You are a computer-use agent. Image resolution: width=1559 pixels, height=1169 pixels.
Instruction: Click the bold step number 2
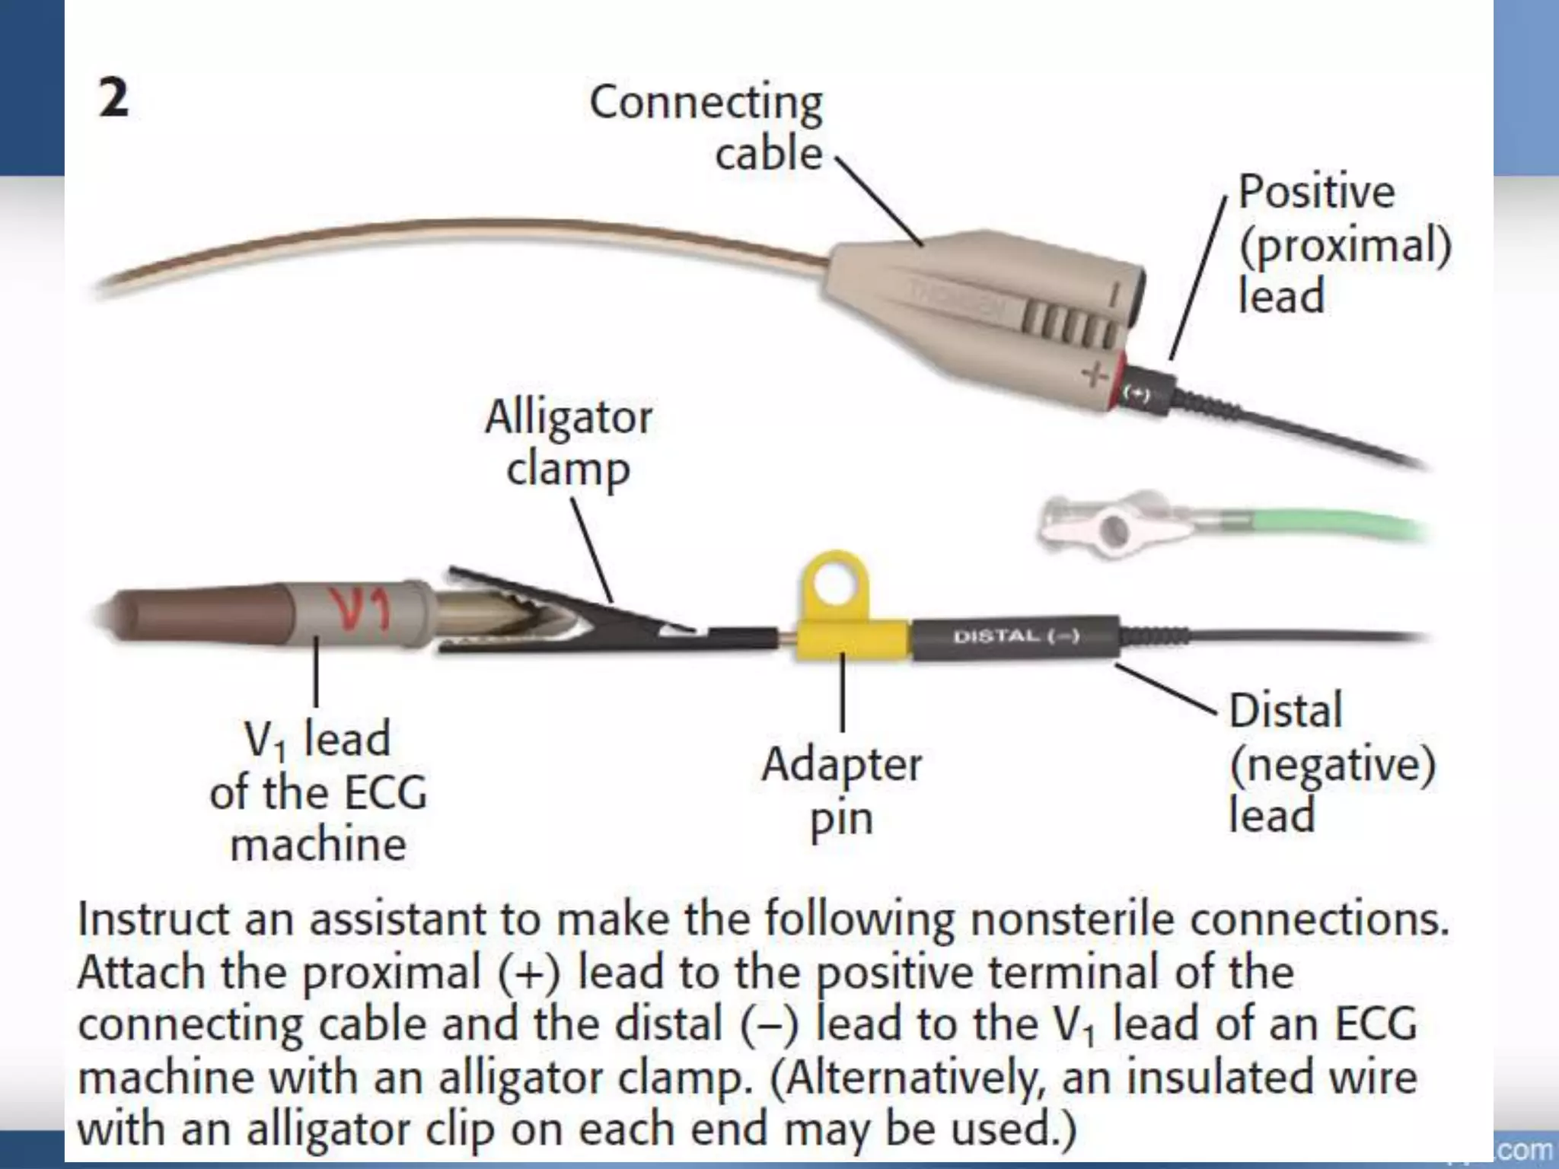(x=114, y=100)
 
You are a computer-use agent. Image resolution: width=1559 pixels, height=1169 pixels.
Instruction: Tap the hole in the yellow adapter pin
(x=834, y=587)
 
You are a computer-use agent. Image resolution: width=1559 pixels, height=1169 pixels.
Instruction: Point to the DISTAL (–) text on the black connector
(x=1016, y=635)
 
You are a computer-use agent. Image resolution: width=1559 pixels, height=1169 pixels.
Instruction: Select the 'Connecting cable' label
(x=706, y=127)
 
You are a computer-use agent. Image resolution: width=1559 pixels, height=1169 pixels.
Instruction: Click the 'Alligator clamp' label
(x=568, y=443)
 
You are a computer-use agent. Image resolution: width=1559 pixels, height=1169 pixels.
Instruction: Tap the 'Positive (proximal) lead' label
(x=1344, y=244)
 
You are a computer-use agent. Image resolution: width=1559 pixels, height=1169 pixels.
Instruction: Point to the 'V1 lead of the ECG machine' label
(x=318, y=792)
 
